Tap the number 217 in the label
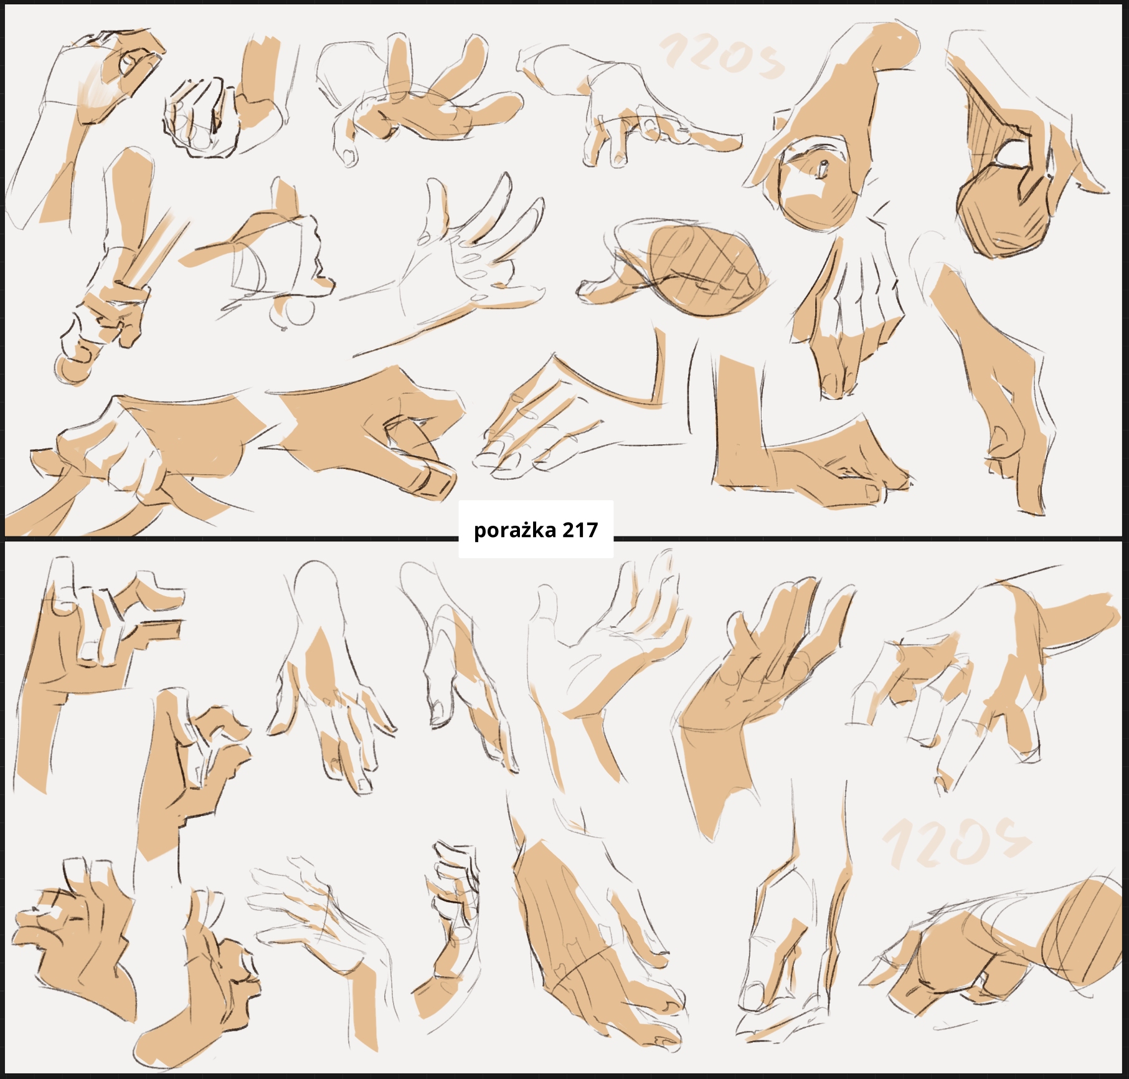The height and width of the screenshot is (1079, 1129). click(x=580, y=530)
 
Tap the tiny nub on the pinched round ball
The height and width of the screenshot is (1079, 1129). click(x=823, y=168)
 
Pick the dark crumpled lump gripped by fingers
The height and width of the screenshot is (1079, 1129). click(x=1003, y=216)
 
